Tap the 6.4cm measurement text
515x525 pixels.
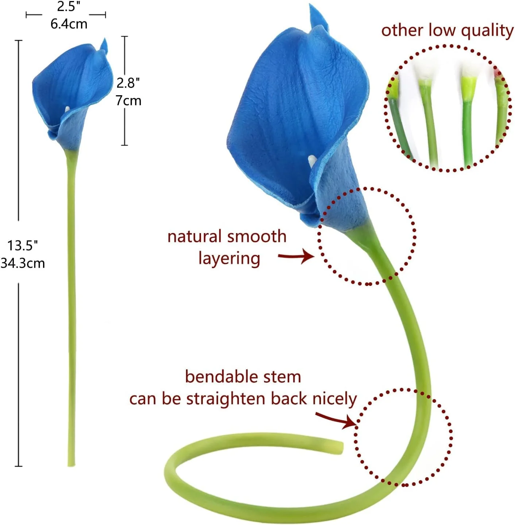69,24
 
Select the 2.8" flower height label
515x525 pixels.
128,83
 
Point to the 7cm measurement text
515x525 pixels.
128,100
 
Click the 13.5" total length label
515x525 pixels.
23,246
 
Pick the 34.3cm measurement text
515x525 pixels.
23,263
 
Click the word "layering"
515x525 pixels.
229,259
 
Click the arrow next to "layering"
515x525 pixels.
296,257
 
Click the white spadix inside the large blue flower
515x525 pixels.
312,160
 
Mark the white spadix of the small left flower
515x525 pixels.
67,108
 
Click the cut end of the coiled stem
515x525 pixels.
340,447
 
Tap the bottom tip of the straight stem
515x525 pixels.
71,464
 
